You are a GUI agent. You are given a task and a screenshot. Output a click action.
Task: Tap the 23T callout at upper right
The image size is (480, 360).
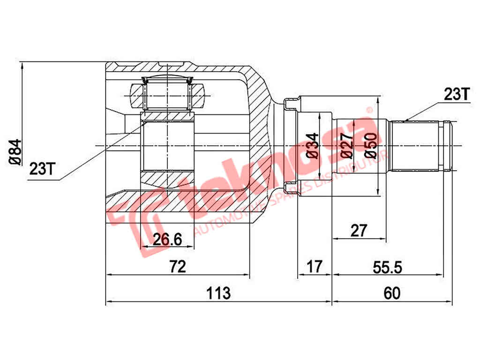pos(456,95)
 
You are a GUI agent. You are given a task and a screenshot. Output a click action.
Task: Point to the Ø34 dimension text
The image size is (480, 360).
pos(313,146)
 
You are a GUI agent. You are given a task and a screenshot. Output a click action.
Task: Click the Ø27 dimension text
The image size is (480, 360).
pos(347,146)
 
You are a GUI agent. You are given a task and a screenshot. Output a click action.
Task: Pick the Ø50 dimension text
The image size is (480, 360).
pos(370,146)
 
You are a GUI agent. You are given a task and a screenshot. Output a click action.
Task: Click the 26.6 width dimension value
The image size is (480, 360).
pos(167,239)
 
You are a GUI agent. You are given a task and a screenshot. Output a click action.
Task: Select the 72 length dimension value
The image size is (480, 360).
pos(178,267)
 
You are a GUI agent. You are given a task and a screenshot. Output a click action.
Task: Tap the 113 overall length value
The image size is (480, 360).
pos(219,294)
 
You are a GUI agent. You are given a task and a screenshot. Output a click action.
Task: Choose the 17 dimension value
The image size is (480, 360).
pos(315,267)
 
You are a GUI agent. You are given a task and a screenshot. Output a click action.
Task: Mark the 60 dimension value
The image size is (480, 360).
pos(392,294)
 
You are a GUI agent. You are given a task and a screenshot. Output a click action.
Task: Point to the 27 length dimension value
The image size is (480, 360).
pos(359,230)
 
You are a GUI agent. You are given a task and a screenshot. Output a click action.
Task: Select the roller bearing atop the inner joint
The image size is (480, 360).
pos(167,96)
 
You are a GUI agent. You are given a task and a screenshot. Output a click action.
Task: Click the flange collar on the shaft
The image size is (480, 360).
pos(291,146)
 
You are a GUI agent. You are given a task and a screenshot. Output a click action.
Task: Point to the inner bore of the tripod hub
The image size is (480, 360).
pos(167,146)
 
